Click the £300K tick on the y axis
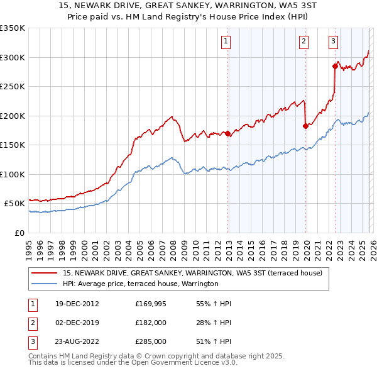tap(13, 57)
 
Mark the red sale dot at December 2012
tap(227, 133)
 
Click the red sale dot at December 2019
tap(305, 126)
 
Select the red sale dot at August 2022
tap(335, 65)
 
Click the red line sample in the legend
tap(45, 274)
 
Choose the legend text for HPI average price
tap(140, 284)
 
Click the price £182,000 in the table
tap(150, 323)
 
